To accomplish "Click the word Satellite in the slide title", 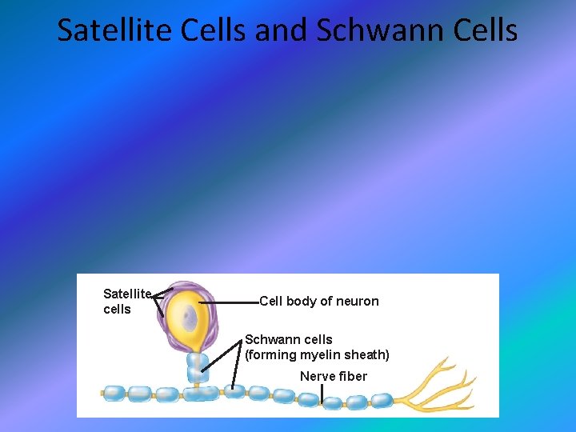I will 106,30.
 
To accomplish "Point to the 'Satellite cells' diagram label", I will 126,302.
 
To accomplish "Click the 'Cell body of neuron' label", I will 319,302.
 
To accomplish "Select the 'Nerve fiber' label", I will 334,376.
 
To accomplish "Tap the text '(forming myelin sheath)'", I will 317,354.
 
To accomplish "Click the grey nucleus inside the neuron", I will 189,319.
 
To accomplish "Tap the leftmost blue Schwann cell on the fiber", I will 114,393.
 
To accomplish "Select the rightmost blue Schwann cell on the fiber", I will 381,400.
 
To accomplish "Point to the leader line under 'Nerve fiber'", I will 322,394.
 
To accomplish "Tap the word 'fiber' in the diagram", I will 352,376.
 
